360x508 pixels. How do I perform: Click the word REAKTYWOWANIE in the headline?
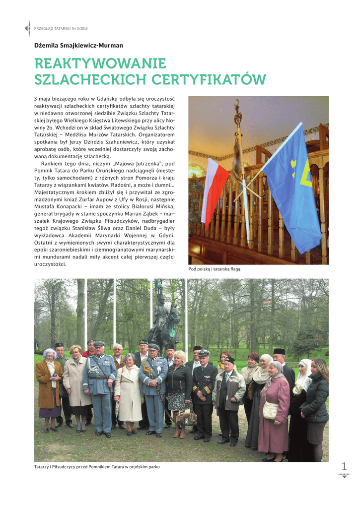(x=100, y=63)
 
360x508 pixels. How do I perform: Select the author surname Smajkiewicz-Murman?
(x=91, y=46)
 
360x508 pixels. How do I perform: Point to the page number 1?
(x=344, y=466)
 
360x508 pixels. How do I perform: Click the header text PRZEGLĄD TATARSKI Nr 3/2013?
(x=57, y=29)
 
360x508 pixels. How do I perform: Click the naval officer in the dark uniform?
(x=203, y=392)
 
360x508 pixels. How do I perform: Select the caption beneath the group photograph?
(x=97, y=467)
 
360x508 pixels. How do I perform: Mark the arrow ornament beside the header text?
(x=27, y=29)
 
